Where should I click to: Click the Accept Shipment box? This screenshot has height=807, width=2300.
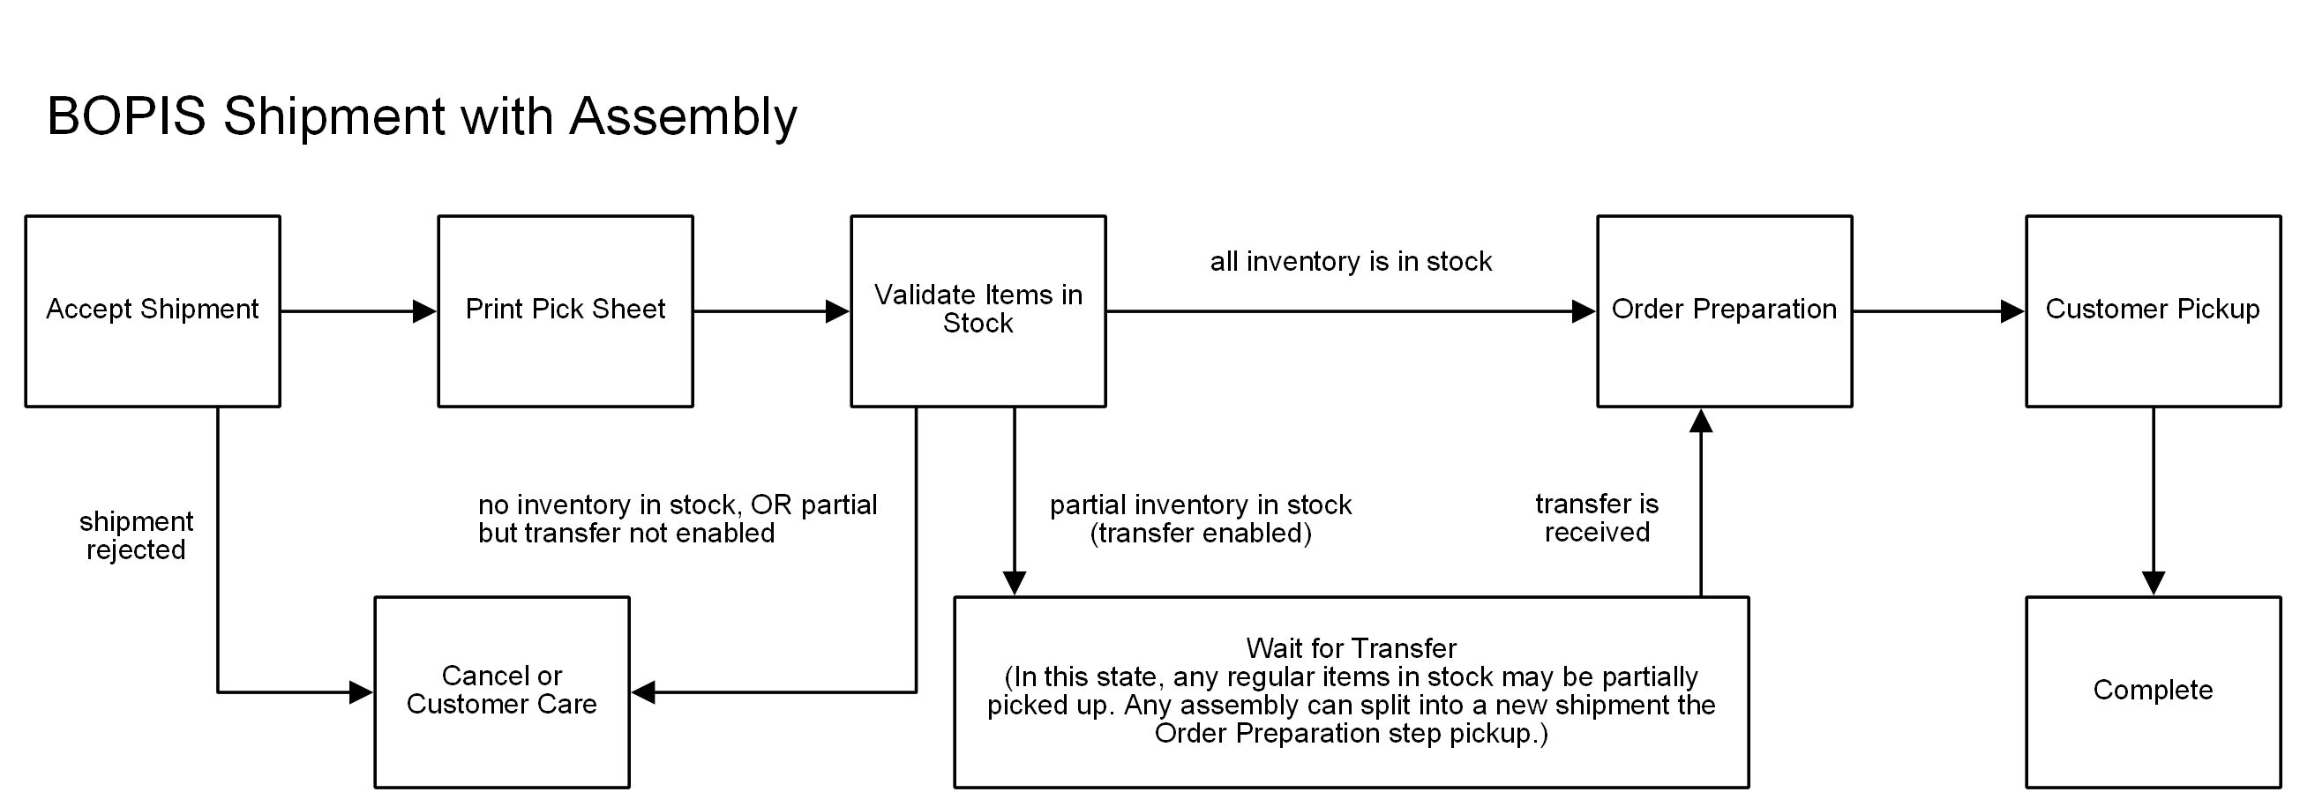coord(152,310)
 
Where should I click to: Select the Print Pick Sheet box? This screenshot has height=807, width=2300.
coord(565,310)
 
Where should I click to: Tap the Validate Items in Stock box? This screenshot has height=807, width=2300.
coord(978,310)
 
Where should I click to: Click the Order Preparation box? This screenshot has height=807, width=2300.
coord(1723,310)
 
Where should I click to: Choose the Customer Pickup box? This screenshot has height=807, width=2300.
coord(2152,310)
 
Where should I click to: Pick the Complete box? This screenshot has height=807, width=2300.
coord(2152,691)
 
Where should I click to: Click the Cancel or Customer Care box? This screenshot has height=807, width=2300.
coord(501,691)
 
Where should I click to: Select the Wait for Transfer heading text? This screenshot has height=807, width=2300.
coord(1350,648)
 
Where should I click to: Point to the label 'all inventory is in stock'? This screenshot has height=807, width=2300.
coord(1350,262)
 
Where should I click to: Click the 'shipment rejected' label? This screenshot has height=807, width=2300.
coord(136,535)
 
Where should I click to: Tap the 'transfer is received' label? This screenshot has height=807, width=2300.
coord(1597,518)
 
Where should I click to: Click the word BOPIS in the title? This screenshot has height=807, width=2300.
coord(126,117)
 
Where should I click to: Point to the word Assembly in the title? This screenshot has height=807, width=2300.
coord(683,117)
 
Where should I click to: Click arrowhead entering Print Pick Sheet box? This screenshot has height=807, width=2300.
coord(425,311)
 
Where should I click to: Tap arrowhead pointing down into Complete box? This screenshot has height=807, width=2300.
coord(2153,583)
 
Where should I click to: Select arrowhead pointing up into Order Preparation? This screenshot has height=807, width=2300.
coord(1701,422)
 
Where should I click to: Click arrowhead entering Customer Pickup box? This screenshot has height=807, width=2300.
coord(2012,311)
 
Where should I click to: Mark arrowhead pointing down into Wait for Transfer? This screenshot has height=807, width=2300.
coord(1015,583)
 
